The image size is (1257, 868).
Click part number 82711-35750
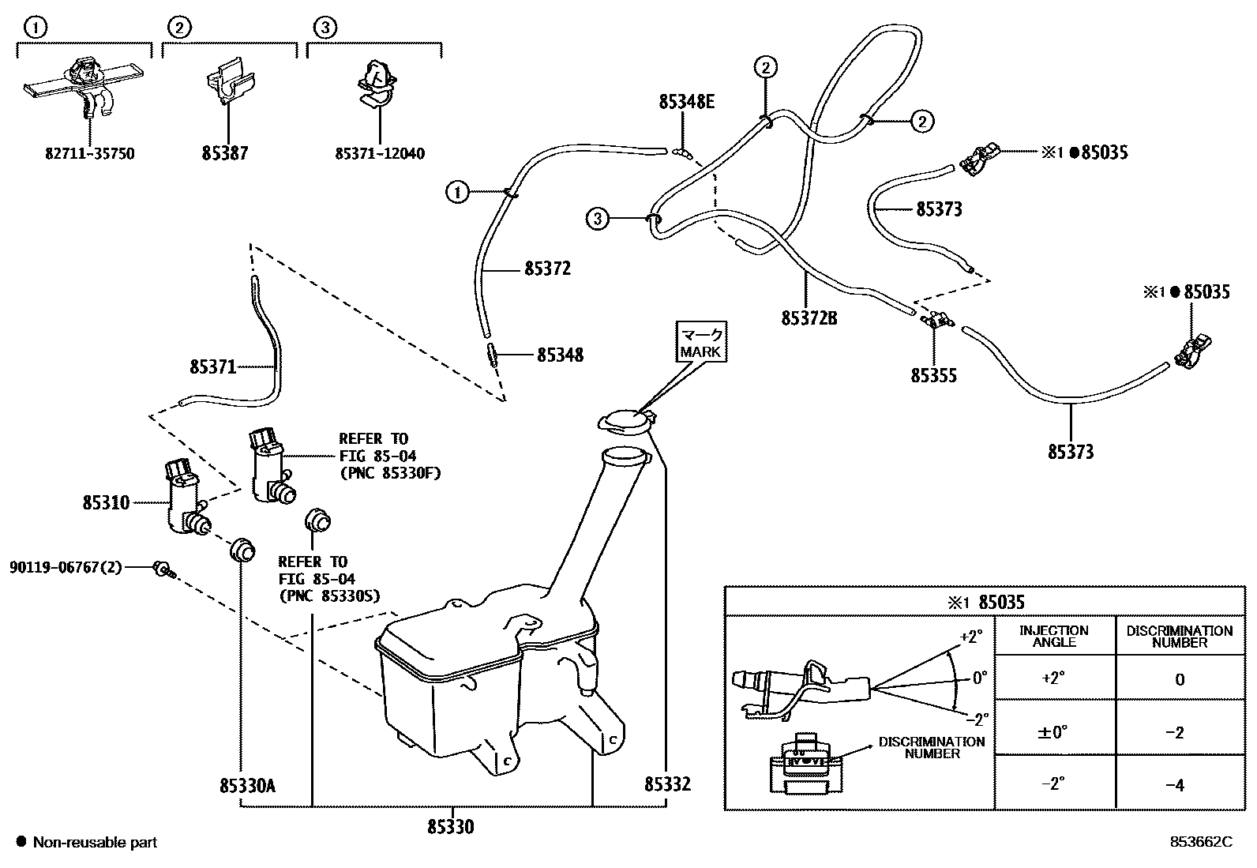[x=89, y=153]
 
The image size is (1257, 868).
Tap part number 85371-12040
[x=380, y=153]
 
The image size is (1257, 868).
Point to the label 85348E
[x=686, y=101]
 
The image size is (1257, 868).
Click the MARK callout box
[x=700, y=342]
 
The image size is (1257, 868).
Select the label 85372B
[x=809, y=318]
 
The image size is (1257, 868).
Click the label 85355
[x=933, y=375]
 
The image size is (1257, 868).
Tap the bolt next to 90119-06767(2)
[x=163, y=569]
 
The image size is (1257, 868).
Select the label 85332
[x=667, y=784]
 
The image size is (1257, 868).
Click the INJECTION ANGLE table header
[x=1054, y=636]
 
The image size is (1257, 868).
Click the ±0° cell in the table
[x=1053, y=732]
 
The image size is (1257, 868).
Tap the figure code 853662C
[x=1200, y=843]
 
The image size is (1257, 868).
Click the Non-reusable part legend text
[x=95, y=843]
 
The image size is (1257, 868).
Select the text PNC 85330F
[x=388, y=474]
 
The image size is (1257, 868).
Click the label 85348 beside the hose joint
[x=560, y=355]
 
